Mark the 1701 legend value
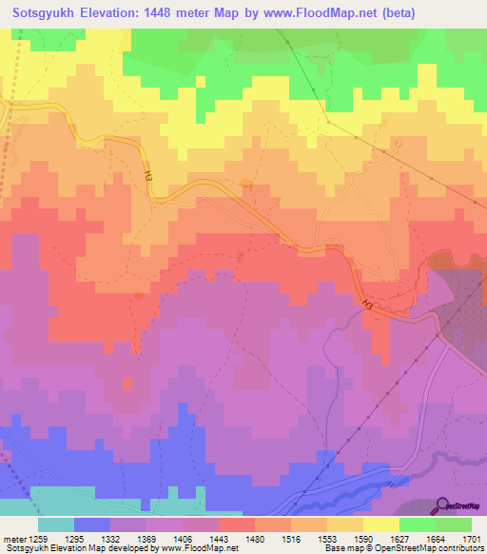(471, 538)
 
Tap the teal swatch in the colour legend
(56, 524)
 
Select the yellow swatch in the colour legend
(380, 524)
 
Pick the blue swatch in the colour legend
(92, 524)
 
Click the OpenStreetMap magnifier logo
(443, 505)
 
